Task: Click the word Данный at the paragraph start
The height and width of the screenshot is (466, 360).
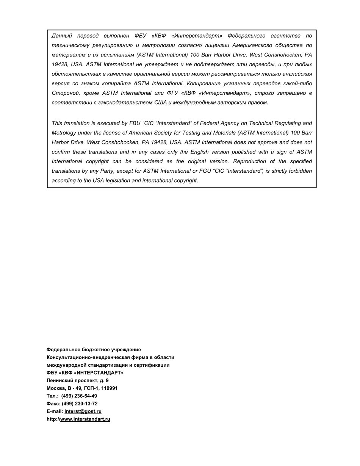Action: point(62,36)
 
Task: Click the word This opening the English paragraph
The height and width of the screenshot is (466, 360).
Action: point(57,123)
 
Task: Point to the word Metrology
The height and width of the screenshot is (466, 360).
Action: point(64,133)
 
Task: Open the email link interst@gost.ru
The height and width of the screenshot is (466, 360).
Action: point(83,411)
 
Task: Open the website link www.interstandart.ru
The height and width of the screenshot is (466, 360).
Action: point(85,419)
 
